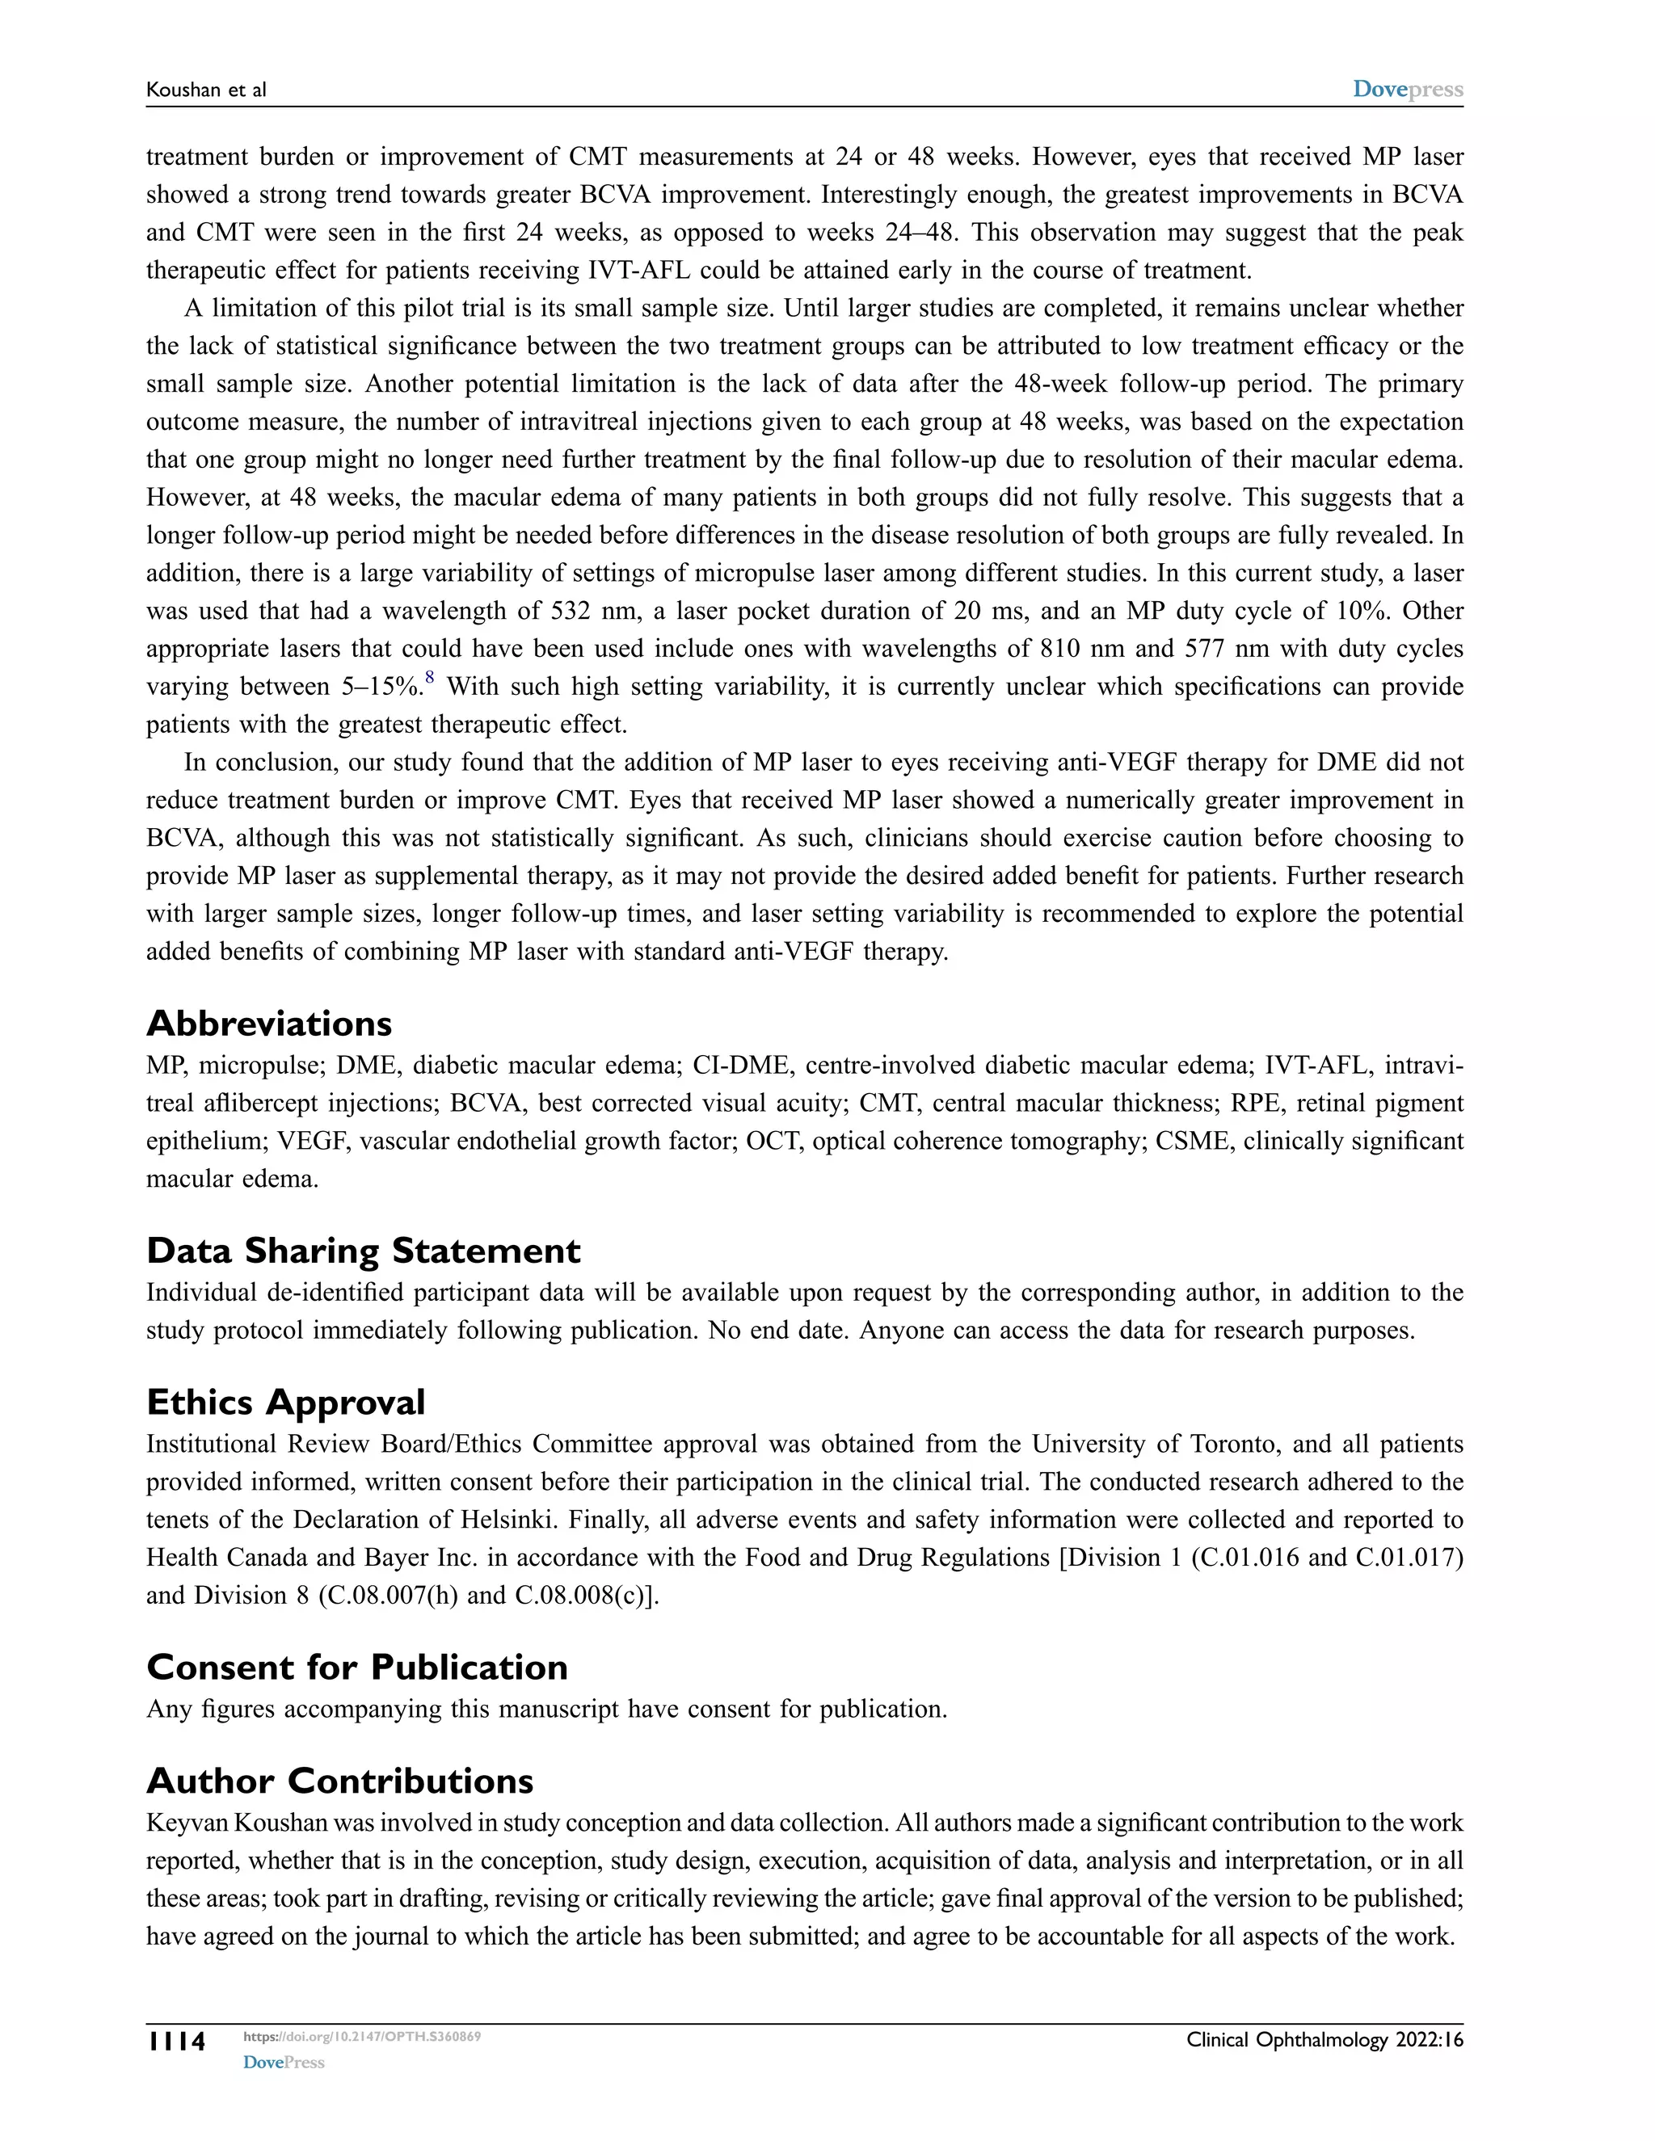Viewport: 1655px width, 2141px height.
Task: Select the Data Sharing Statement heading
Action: [363, 1251]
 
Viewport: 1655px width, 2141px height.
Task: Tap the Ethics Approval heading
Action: [285, 1402]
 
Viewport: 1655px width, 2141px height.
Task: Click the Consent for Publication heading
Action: [357, 1667]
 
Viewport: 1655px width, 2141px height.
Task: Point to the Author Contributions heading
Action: [339, 1780]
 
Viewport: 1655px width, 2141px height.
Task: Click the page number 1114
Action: [176, 2042]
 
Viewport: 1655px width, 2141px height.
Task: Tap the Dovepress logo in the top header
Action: [1407, 89]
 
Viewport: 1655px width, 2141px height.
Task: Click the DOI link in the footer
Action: [362, 2036]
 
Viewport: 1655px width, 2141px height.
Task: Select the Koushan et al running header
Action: [206, 90]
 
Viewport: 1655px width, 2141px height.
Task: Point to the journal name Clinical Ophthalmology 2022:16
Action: [1324, 2040]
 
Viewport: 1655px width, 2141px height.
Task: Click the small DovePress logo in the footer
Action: [284, 2063]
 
